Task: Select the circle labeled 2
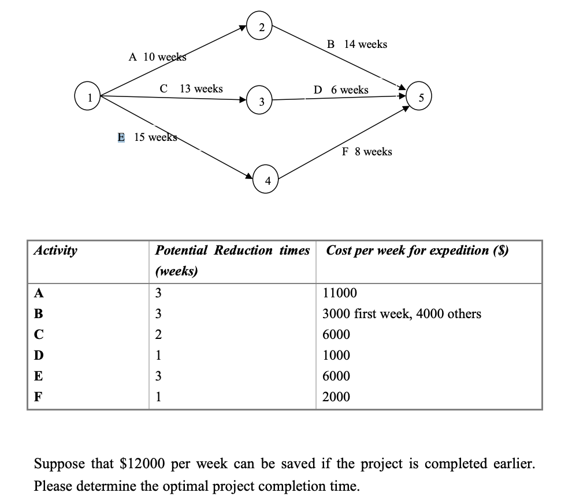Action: [262, 27]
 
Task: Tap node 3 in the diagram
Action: [261, 102]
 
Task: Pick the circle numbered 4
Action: [267, 181]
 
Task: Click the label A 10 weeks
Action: [157, 57]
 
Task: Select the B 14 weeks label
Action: [356, 44]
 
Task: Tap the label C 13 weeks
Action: [191, 88]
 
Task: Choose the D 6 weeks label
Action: [340, 89]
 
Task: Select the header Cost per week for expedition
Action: [417, 251]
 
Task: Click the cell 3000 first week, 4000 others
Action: [402, 314]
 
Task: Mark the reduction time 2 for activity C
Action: [159, 335]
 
